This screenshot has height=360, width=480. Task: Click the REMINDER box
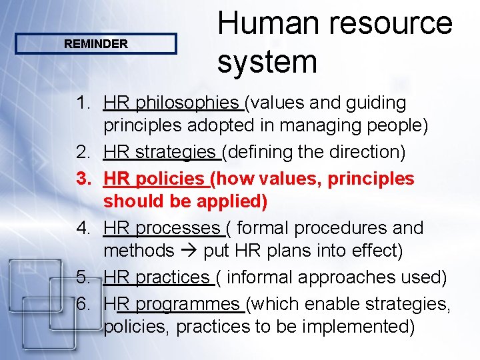(95, 44)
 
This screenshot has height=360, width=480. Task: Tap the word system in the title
(267, 62)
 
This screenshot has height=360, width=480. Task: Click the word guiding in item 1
(376, 103)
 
